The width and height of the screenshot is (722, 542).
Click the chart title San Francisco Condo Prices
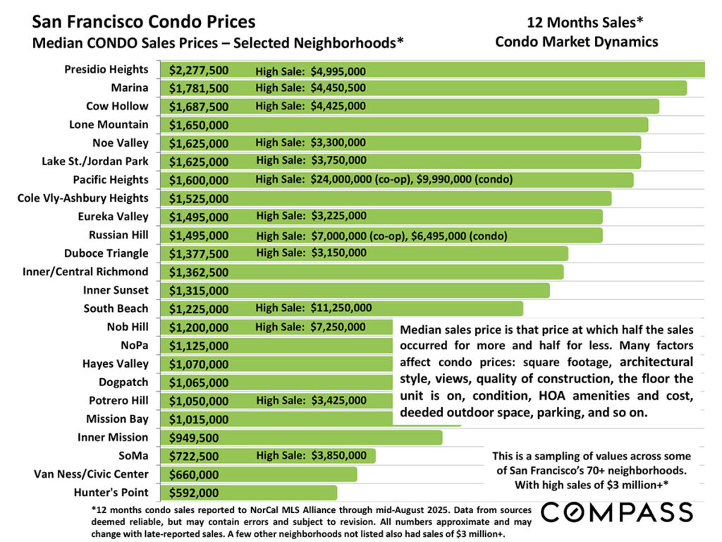point(144,23)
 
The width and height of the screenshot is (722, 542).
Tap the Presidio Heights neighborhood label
point(106,69)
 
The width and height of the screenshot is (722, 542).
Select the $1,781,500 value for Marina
point(199,88)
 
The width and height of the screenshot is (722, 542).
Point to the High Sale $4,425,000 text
point(310,107)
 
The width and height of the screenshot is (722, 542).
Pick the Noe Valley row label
point(121,143)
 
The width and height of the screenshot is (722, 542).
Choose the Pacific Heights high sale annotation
point(384,180)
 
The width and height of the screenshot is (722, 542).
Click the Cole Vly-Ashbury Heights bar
point(423,198)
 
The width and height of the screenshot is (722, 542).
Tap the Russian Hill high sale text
point(381,235)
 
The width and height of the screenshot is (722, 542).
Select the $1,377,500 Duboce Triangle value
point(199,253)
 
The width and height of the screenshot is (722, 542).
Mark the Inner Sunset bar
point(388,290)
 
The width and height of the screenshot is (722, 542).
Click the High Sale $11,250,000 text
point(313,308)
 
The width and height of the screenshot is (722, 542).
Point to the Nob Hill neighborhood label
point(126,327)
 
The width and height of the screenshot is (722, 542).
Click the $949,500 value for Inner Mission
point(194,438)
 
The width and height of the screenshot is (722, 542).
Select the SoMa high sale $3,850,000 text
point(310,456)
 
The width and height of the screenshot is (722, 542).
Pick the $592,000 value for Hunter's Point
point(194,493)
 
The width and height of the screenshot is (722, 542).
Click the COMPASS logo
point(616,512)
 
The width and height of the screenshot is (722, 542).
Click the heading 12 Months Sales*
point(576,22)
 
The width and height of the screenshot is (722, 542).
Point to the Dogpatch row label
point(123,382)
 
